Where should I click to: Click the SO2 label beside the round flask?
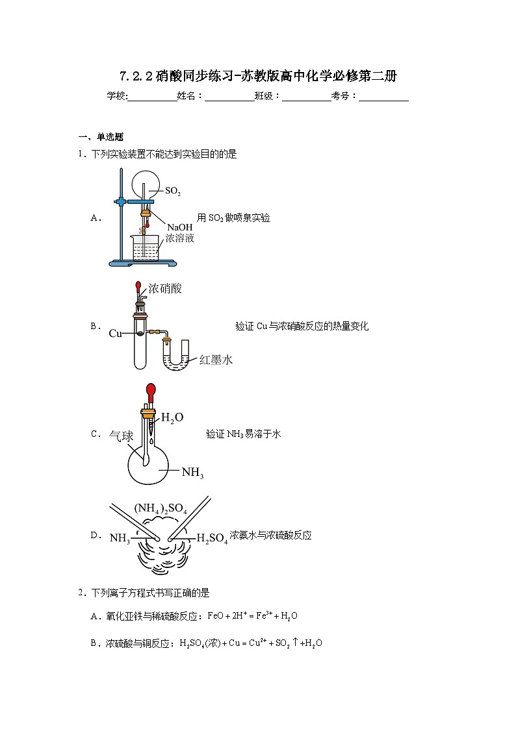pyautogui.click(x=173, y=192)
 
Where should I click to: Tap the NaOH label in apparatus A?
pyautogui.click(x=179, y=227)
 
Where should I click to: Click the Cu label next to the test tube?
pyautogui.click(x=116, y=334)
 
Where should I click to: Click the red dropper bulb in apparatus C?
pyautogui.click(x=151, y=393)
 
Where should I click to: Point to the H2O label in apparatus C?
pyautogui.click(x=172, y=417)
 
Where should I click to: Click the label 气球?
pyautogui.click(x=121, y=436)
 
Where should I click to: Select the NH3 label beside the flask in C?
pyautogui.click(x=192, y=473)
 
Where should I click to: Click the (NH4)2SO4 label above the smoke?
pyautogui.click(x=161, y=510)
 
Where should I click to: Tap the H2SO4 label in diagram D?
pyautogui.click(x=212, y=537)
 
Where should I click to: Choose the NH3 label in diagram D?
pyautogui.click(x=120, y=537)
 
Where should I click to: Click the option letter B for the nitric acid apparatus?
pyautogui.click(x=94, y=327)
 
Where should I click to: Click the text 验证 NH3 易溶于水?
pyautogui.click(x=243, y=434)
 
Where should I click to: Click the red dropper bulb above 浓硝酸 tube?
pyautogui.click(x=138, y=286)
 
